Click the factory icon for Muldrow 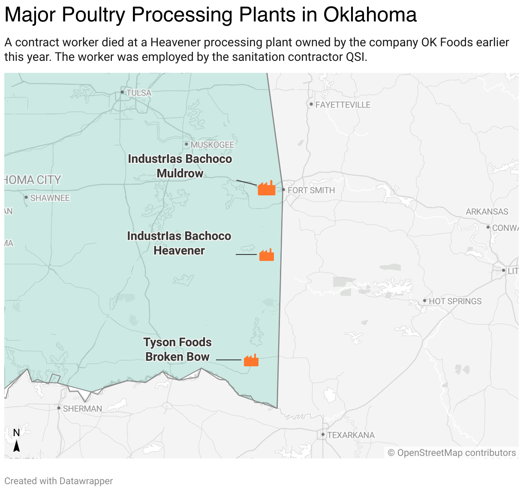click(x=266, y=188)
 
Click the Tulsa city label click(x=138, y=93)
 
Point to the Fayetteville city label click(x=343, y=105)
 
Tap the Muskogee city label click(x=212, y=145)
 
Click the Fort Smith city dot click(x=283, y=189)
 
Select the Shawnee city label click(x=50, y=198)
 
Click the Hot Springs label click(x=455, y=301)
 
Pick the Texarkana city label click(x=351, y=435)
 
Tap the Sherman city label click(x=82, y=409)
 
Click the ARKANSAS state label click(x=487, y=212)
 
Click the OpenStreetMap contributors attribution click(x=452, y=453)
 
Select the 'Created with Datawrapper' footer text click(x=59, y=481)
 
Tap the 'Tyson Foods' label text click(x=177, y=342)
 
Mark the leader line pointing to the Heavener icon click(x=246, y=254)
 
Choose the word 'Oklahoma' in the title click(x=370, y=15)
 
